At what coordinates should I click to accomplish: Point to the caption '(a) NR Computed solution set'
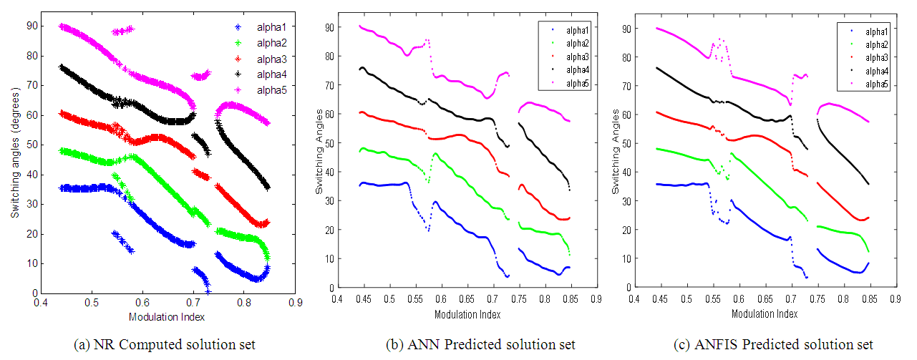[164, 345]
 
